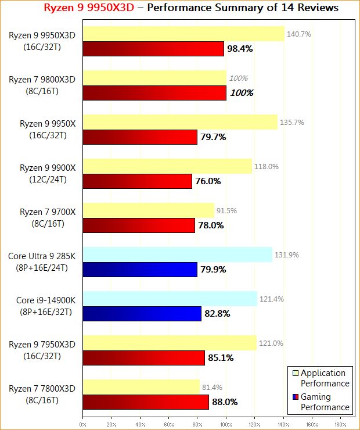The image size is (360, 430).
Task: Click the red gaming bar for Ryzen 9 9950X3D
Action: [x=153, y=49]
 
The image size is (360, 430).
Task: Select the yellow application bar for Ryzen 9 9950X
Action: [x=180, y=123]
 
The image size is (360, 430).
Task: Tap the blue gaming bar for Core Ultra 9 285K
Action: [x=140, y=269]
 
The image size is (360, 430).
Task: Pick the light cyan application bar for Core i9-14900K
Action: [x=170, y=299]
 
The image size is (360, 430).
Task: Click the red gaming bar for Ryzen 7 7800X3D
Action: [x=146, y=402]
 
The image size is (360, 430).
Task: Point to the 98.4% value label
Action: [x=240, y=49]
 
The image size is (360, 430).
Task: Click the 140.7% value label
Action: [x=299, y=34]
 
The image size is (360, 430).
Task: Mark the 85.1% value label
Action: [x=221, y=358]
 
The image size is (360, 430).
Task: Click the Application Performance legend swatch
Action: [x=295, y=373]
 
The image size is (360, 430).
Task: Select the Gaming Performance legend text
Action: [x=325, y=402]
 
